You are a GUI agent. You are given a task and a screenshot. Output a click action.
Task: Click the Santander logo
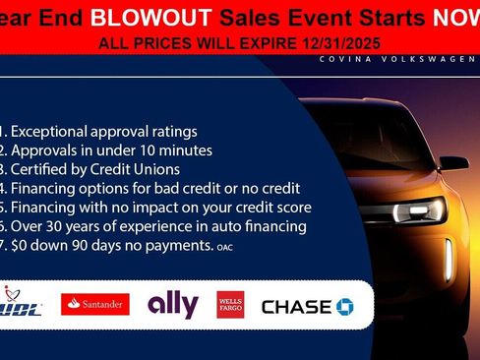click(95, 305)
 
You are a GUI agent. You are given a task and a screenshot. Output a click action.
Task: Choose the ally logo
click(172, 305)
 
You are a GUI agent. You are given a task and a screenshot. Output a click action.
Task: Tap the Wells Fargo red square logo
click(231, 305)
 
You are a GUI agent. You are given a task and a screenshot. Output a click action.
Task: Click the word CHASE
click(296, 307)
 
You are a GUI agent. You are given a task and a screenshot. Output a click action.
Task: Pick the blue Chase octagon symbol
click(344, 307)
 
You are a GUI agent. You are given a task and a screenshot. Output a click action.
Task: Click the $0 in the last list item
click(22, 244)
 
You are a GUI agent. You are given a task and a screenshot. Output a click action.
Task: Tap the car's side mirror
click(453, 161)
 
